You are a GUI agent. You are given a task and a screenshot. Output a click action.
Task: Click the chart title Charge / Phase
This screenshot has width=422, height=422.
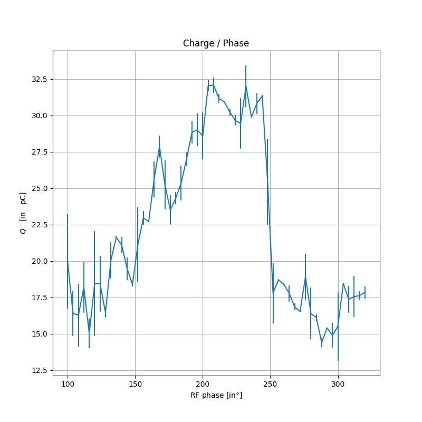pyautogui.click(x=216, y=43)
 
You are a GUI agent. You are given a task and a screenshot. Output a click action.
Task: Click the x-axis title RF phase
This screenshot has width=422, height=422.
pyautogui.click(x=216, y=395)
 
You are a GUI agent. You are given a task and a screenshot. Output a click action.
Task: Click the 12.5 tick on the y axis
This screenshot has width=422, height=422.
pyautogui.click(x=39, y=370)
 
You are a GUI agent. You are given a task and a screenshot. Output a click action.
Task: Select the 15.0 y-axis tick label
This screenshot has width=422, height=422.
pyautogui.click(x=39, y=334)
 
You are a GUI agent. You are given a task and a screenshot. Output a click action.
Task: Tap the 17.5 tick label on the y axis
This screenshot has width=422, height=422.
pyautogui.click(x=39, y=298)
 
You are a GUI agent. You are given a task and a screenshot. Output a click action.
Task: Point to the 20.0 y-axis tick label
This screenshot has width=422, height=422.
pyautogui.click(x=39, y=261)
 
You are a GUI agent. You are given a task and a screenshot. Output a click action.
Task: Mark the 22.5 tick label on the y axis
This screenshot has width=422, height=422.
pyautogui.click(x=39, y=225)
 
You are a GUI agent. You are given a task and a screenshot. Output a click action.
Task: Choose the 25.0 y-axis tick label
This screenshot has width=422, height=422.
pyautogui.click(x=39, y=188)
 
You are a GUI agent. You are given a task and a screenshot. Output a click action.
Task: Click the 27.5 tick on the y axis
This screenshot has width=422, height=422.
pyautogui.click(x=39, y=152)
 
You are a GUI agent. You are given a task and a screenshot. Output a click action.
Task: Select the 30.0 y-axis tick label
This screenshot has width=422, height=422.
pyautogui.click(x=39, y=116)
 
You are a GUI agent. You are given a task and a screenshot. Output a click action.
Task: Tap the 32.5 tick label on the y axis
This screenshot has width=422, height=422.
pyautogui.click(x=39, y=79)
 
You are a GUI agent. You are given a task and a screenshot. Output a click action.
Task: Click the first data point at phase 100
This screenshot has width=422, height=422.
pyautogui.click(x=68, y=261)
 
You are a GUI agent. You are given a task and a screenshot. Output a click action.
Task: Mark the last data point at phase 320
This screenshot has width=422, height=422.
pyautogui.click(x=365, y=292)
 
